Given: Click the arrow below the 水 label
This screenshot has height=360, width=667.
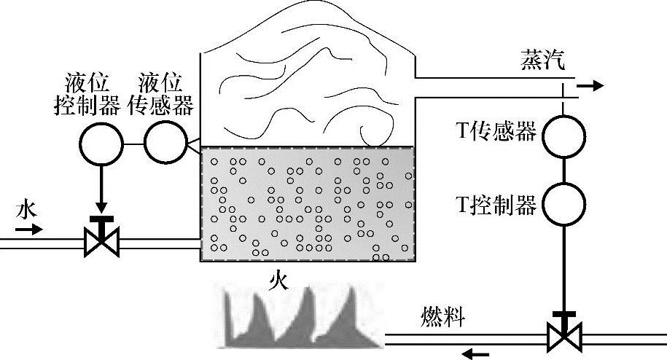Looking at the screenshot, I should point(30,229).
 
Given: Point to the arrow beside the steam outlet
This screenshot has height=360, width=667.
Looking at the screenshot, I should point(590,85).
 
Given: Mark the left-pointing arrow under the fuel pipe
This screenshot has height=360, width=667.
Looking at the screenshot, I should point(477,354).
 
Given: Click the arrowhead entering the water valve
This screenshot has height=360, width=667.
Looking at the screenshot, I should point(101,209).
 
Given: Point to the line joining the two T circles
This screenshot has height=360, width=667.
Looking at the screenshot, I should point(563,170).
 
